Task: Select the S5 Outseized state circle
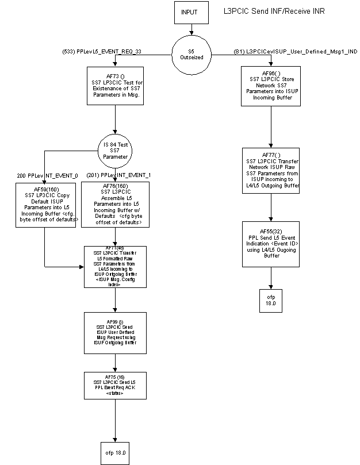coord(192,55)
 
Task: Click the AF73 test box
coord(116,86)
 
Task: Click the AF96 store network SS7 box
coord(271,86)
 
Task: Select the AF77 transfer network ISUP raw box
coord(271,171)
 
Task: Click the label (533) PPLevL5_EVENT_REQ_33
coord(101,51)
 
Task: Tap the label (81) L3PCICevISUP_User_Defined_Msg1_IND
coord(296,51)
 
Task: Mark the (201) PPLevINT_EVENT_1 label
coord(116,175)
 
